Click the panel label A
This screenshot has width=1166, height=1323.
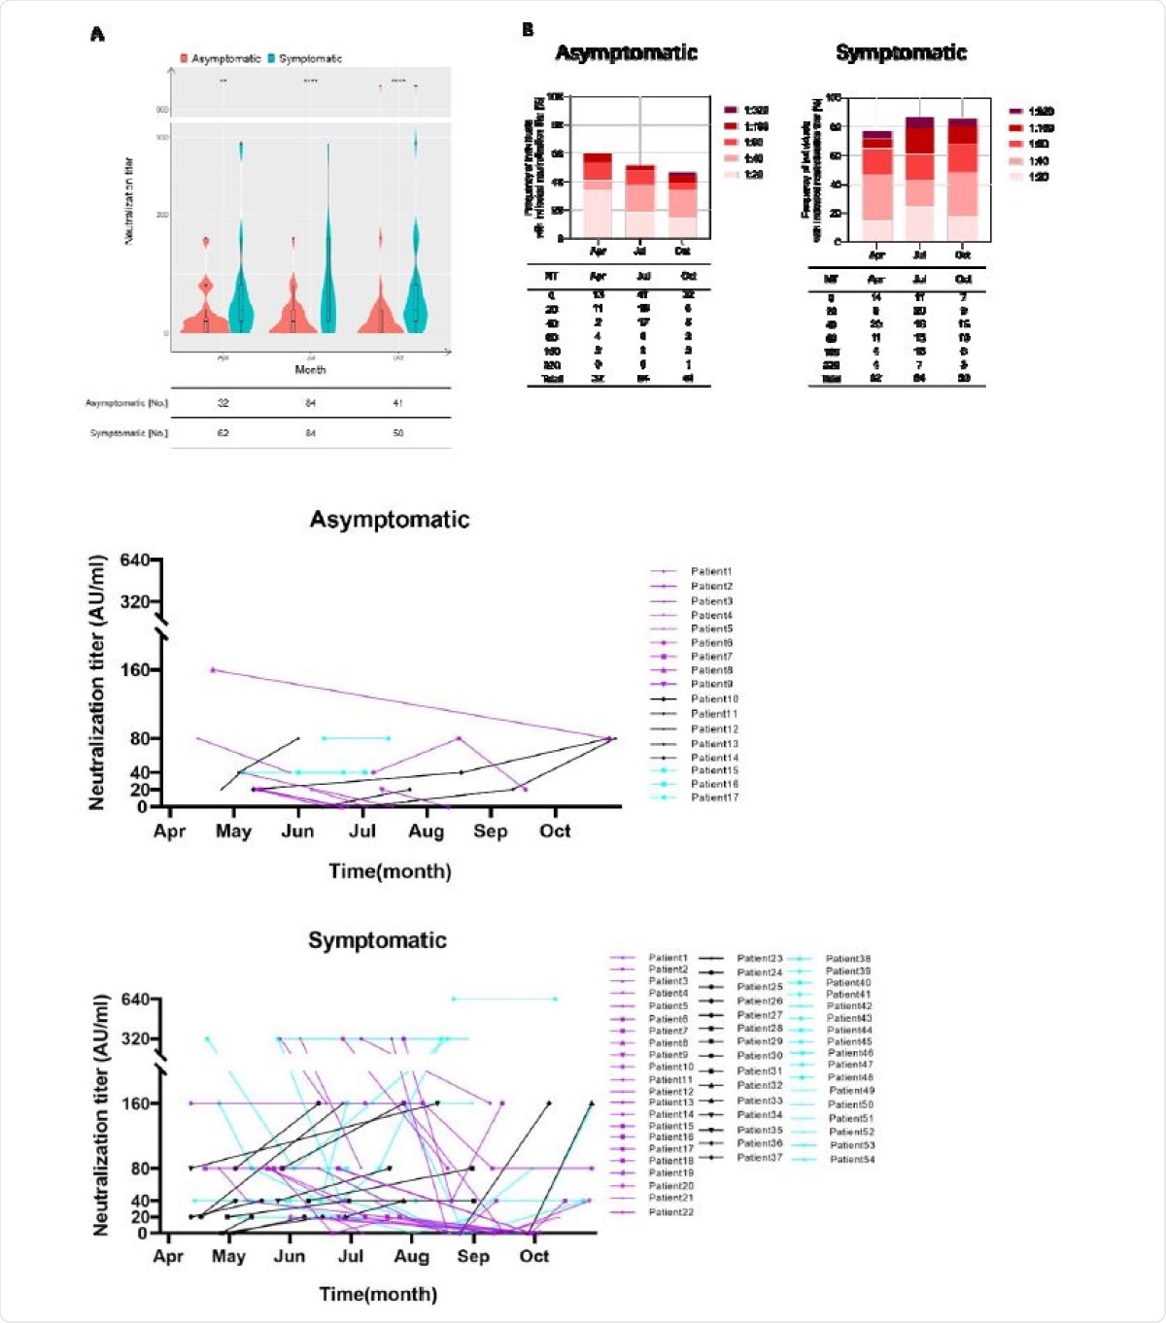click(97, 35)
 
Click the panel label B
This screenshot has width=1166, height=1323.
click(528, 30)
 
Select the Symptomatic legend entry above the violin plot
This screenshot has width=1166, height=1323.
click(309, 58)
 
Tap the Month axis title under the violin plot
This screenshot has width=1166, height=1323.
click(310, 370)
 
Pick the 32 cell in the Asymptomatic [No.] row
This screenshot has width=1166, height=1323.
click(223, 403)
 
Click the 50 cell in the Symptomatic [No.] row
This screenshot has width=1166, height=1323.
click(398, 433)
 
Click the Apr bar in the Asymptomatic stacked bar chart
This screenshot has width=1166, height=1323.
click(598, 194)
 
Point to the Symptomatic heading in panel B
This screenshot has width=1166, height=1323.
click(901, 52)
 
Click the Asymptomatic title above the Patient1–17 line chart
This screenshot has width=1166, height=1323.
click(389, 520)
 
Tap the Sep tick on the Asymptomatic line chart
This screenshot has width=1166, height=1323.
click(490, 831)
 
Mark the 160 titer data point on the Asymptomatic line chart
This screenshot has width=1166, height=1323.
click(213, 669)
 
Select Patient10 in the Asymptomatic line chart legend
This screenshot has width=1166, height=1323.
click(714, 699)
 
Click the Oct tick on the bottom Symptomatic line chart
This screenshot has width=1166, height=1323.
click(533, 1256)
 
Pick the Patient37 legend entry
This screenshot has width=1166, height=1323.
click(759, 1157)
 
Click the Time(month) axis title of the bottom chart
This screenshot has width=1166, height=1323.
click(378, 1294)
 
